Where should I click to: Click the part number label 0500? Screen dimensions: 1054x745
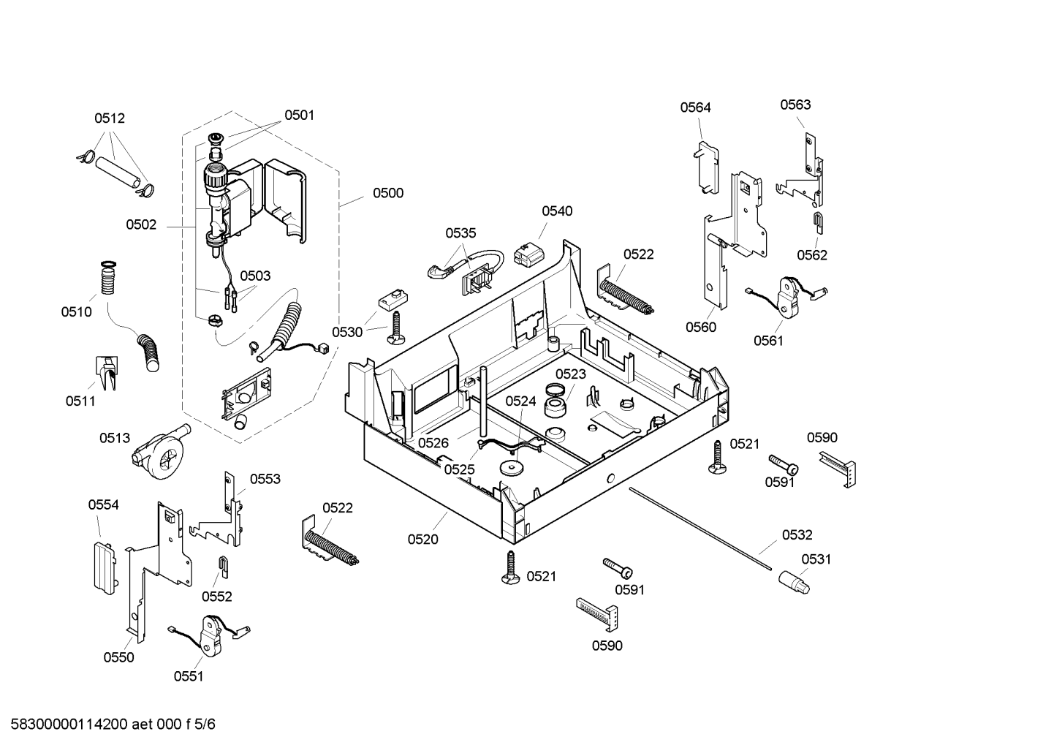click(x=387, y=193)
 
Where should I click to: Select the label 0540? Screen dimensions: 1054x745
click(x=557, y=211)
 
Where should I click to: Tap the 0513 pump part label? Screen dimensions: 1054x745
click(x=114, y=438)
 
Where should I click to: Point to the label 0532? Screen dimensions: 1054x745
click(x=797, y=534)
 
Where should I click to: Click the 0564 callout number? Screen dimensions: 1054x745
click(x=695, y=107)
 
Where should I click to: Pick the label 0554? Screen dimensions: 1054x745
click(x=104, y=504)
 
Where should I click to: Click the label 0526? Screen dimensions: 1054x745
click(x=433, y=443)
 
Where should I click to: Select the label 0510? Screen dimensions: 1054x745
click(x=76, y=311)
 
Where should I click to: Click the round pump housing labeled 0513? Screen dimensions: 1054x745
click(x=160, y=453)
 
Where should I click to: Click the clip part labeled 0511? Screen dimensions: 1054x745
click(x=107, y=372)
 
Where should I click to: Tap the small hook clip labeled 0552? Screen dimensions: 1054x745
click(x=224, y=567)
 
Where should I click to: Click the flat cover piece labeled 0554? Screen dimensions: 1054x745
click(x=105, y=568)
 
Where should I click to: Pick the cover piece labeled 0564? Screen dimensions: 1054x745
click(x=707, y=167)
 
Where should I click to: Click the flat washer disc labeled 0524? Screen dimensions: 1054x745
click(x=512, y=467)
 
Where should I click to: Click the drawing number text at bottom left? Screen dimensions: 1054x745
click(x=113, y=724)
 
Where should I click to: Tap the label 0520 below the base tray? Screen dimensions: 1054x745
click(x=423, y=540)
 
